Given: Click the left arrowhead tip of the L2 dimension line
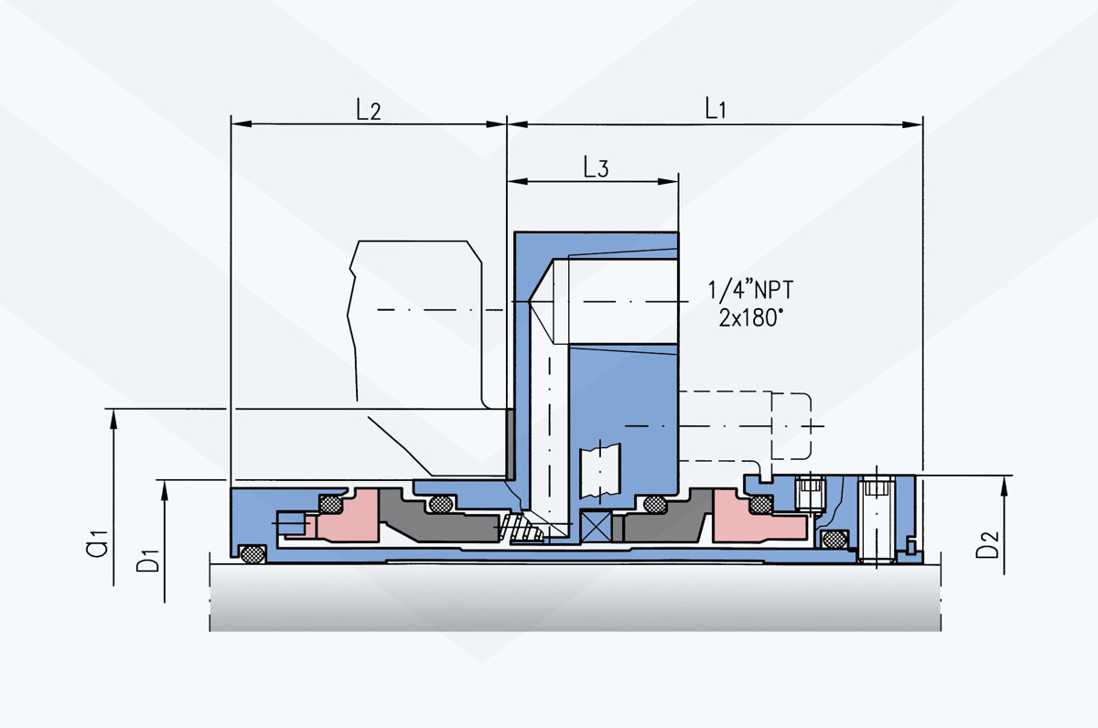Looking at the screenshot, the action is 231,124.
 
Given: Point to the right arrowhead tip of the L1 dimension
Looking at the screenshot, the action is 922,124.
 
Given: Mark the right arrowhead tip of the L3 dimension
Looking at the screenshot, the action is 678,181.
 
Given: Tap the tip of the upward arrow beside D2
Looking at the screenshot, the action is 1005,476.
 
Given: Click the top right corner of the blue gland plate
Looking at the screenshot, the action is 678,232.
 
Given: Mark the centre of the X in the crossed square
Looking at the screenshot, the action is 596,527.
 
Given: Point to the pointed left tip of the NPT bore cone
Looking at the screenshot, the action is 529,301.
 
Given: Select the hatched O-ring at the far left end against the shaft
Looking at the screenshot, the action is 253,554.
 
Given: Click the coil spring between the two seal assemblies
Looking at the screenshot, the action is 521,529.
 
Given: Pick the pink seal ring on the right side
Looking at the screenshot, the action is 758,518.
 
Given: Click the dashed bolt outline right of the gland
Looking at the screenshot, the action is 745,426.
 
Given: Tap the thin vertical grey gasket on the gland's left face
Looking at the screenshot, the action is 510,444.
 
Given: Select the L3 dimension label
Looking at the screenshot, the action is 596,167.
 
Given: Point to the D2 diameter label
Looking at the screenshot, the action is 987,544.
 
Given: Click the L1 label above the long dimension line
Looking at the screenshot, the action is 716,108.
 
